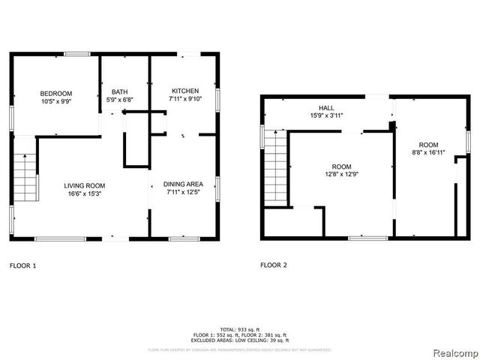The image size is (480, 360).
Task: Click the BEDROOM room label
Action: pos(56,93)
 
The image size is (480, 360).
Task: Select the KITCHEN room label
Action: pos(184,90)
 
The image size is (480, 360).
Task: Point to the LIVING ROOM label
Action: pos(84,186)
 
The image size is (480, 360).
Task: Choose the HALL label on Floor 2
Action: pos(327,108)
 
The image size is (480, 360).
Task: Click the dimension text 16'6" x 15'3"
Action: pos(84,193)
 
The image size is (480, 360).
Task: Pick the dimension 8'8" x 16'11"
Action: pos(428,152)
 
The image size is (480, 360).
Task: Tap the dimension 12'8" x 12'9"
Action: pos(341,175)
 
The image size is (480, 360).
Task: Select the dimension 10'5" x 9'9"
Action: pos(56,100)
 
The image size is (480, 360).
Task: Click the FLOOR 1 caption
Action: pos(22,265)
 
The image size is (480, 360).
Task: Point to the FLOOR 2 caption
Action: pos(273,265)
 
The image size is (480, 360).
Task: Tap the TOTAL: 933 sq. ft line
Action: pos(240,329)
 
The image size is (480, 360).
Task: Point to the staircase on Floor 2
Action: pos(277,165)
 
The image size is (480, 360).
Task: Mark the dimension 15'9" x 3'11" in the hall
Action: pos(327,115)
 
